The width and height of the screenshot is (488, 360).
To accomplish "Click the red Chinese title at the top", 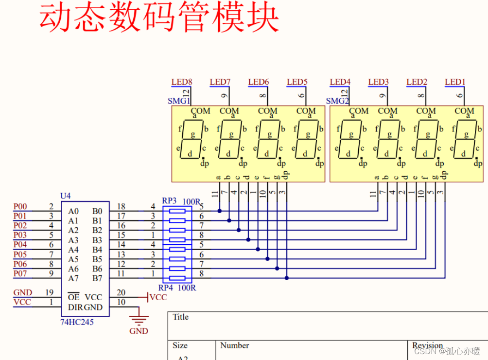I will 159,18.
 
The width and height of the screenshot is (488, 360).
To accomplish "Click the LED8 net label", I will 182,82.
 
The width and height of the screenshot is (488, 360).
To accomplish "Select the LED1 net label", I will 455,82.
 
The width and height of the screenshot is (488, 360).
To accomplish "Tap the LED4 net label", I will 340,82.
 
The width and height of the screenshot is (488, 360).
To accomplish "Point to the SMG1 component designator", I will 178,101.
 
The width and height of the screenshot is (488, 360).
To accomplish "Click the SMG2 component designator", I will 337,101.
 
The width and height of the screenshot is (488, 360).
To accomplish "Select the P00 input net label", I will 20,207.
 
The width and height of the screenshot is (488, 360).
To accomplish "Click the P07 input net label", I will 20,274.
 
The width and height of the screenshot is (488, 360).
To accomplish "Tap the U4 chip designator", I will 65,196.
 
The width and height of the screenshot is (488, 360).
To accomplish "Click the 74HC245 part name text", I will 77,322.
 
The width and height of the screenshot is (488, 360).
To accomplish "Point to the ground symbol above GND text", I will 139,320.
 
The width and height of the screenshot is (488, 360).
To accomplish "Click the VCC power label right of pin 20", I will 158,297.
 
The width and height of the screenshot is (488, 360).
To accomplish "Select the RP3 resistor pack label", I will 169,200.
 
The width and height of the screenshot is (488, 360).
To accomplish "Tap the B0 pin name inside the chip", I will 97,211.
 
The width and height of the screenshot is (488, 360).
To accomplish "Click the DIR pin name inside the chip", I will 75,307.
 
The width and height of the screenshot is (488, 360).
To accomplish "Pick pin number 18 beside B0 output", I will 121,207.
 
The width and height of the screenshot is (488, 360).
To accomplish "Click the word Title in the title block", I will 180,317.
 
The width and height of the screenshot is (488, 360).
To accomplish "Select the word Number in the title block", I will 234,345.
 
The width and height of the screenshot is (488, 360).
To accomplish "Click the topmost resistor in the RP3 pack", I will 177,211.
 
